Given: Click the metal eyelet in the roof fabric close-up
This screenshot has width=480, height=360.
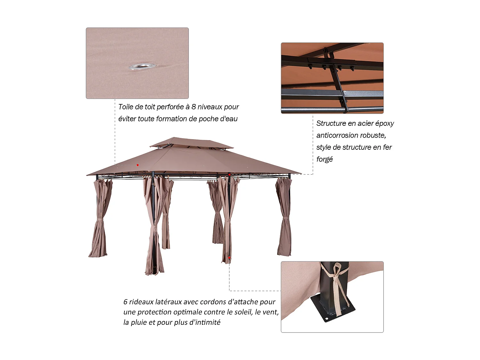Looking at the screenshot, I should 142,66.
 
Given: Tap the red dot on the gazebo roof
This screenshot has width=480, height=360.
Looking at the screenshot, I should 138,165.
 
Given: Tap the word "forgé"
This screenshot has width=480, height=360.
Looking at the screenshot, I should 324,159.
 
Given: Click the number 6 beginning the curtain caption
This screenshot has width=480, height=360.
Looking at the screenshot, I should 125,302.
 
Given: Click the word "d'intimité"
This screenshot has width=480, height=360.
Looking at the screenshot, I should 205,322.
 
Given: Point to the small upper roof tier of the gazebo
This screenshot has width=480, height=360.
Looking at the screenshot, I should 191,143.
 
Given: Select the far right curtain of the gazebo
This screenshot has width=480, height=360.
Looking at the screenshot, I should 284,218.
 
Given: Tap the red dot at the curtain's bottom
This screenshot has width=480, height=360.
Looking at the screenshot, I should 229,258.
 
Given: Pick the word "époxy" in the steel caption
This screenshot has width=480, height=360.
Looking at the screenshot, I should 384,124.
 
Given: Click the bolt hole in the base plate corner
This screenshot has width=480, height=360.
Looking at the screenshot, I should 326,319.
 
